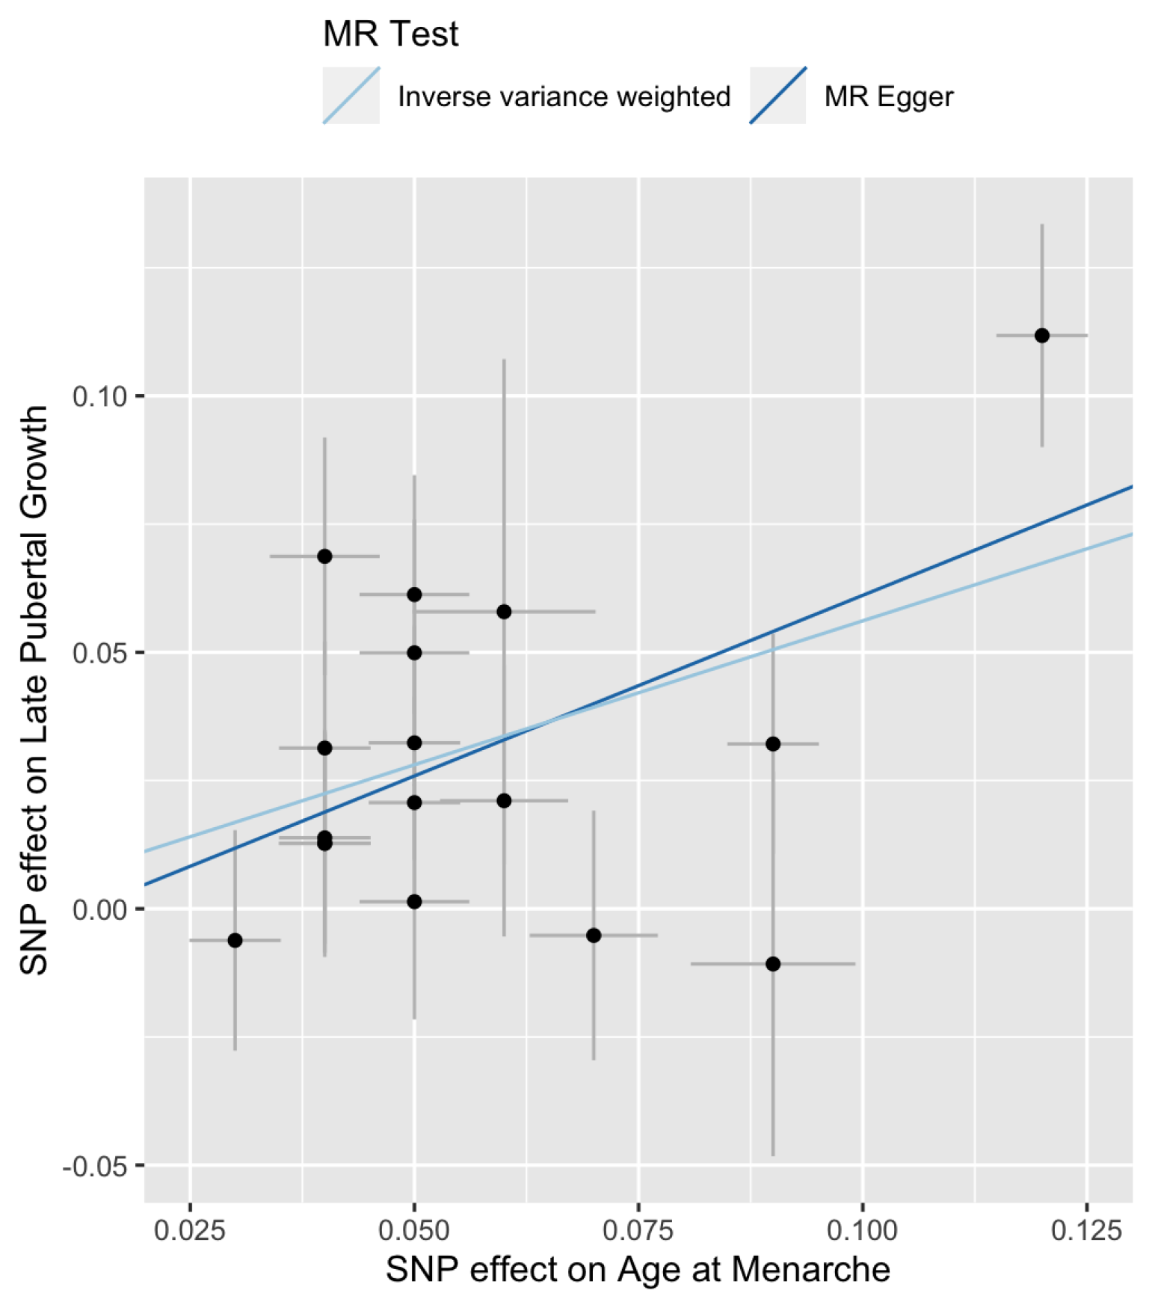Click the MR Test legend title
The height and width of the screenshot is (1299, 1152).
tap(390, 34)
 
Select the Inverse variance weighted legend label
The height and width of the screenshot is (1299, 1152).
tap(564, 96)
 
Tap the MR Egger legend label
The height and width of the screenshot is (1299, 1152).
tap(888, 96)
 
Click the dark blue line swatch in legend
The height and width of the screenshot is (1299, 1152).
tap(777, 96)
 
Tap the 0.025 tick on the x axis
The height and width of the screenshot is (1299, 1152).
tap(190, 1229)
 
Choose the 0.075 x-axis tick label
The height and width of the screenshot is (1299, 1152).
tap(638, 1229)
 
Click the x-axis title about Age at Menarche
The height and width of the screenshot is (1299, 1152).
tap(638, 1270)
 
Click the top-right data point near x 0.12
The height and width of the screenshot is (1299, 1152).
tap(1041, 335)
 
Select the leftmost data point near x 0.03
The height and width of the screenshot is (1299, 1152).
tap(235, 940)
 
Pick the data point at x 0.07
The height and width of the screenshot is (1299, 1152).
tap(594, 936)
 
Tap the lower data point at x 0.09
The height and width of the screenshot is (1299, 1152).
tap(773, 964)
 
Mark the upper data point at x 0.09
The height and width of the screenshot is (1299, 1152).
tap(773, 744)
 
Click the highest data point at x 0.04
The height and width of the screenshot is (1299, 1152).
tap(324, 556)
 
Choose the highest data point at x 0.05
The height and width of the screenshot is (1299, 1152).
tap(414, 595)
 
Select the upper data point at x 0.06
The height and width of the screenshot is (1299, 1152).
tap(504, 612)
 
